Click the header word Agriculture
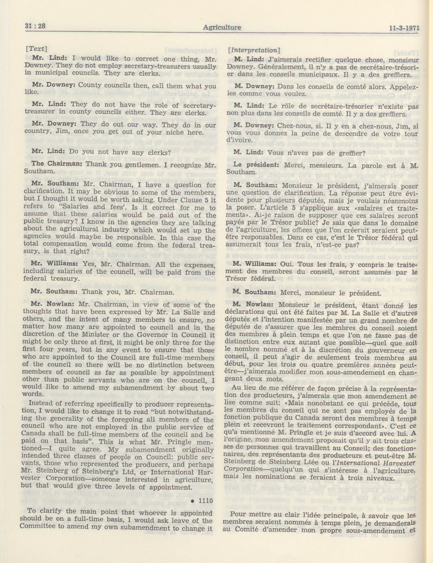[222, 27]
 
